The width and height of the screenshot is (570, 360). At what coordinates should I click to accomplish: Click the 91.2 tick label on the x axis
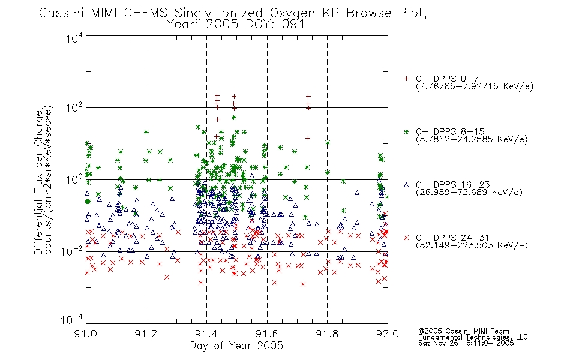coord(146,334)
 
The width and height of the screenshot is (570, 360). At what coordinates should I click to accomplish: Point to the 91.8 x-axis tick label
coord(327,334)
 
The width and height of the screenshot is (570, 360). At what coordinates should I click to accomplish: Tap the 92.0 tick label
coord(388,334)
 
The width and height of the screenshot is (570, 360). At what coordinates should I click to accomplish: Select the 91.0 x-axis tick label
coord(85,334)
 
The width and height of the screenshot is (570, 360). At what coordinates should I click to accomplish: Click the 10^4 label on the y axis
coord(74,38)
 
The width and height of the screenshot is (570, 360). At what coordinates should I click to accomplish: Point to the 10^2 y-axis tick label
coord(74,107)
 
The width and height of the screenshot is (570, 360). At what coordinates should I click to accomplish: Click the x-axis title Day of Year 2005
coord(236,346)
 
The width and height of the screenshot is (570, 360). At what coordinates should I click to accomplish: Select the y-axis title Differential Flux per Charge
coord(38,182)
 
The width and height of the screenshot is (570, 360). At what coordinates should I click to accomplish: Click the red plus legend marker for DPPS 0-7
coord(406,79)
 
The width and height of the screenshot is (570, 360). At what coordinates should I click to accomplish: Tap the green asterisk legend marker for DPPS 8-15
coord(406,131)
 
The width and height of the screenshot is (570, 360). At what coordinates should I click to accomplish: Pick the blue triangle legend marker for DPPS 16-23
coord(406,185)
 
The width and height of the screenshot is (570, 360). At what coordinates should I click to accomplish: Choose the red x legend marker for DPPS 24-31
coord(406,238)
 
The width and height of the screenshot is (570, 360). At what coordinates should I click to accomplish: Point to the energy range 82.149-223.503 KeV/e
coord(472,245)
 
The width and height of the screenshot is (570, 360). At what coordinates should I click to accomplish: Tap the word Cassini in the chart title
coord(62,13)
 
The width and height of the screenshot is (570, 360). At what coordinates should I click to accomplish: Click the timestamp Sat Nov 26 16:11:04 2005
coord(466,343)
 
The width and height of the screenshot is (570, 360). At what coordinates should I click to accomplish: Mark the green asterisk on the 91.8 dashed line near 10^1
coord(328,143)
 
